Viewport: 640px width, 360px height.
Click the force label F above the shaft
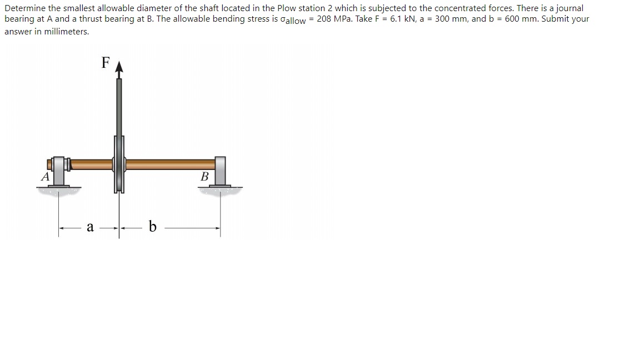click(106, 62)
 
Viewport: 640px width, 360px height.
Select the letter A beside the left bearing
click(44, 177)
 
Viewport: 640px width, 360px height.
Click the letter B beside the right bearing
click(204, 177)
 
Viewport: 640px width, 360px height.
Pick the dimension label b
click(153, 227)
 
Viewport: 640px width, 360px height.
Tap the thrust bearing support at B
click(220, 171)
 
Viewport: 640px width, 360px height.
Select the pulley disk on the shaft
click(119, 164)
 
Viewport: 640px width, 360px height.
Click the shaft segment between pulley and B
click(169, 164)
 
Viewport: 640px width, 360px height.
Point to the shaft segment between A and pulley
click(92, 164)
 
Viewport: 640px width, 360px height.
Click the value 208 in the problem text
click(325, 19)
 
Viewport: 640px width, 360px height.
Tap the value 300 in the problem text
click(443, 19)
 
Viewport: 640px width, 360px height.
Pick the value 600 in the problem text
click(512, 19)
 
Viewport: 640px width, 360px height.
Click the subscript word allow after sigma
click(294, 21)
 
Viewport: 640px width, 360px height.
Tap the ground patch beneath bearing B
click(220, 191)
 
